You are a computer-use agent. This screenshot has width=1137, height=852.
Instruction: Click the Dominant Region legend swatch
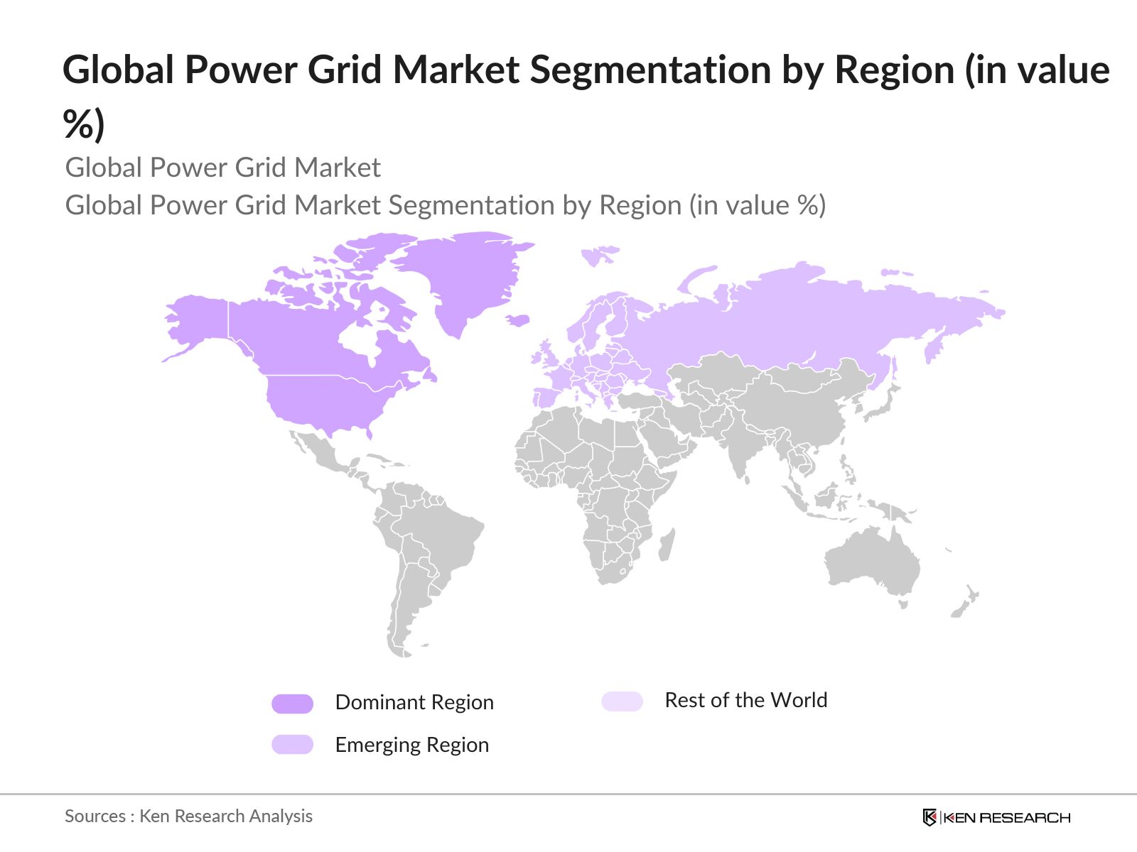292,703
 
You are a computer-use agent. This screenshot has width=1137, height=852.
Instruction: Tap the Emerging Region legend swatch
292,744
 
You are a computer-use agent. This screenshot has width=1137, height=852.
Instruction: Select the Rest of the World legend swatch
622,701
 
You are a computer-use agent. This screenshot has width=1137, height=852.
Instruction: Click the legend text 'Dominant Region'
414,702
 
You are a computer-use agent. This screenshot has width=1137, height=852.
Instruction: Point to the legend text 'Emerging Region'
412,745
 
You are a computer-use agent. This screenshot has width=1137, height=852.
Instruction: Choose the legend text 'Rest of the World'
745,700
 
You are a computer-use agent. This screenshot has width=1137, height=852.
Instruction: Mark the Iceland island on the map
518,321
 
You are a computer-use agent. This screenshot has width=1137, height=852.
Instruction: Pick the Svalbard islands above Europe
599,254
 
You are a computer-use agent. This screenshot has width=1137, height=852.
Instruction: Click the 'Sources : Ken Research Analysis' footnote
188,816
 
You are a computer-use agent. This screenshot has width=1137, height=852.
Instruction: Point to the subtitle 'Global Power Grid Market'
222,168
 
